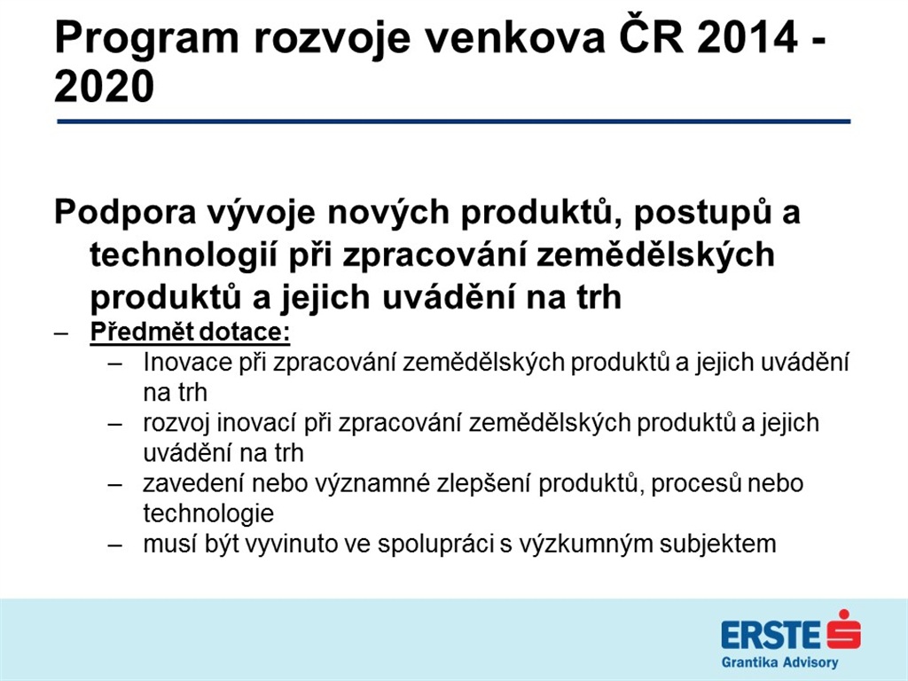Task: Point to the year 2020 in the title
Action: click(x=105, y=86)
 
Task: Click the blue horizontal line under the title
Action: click(x=453, y=121)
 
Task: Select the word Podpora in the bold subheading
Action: click(x=125, y=213)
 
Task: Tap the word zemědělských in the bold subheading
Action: click(x=655, y=255)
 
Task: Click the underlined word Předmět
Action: click(x=142, y=332)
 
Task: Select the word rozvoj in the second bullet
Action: click(x=176, y=424)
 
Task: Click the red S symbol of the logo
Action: click(x=844, y=630)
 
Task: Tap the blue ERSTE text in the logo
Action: click(x=771, y=635)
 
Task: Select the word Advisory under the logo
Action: click(x=810, y=662)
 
